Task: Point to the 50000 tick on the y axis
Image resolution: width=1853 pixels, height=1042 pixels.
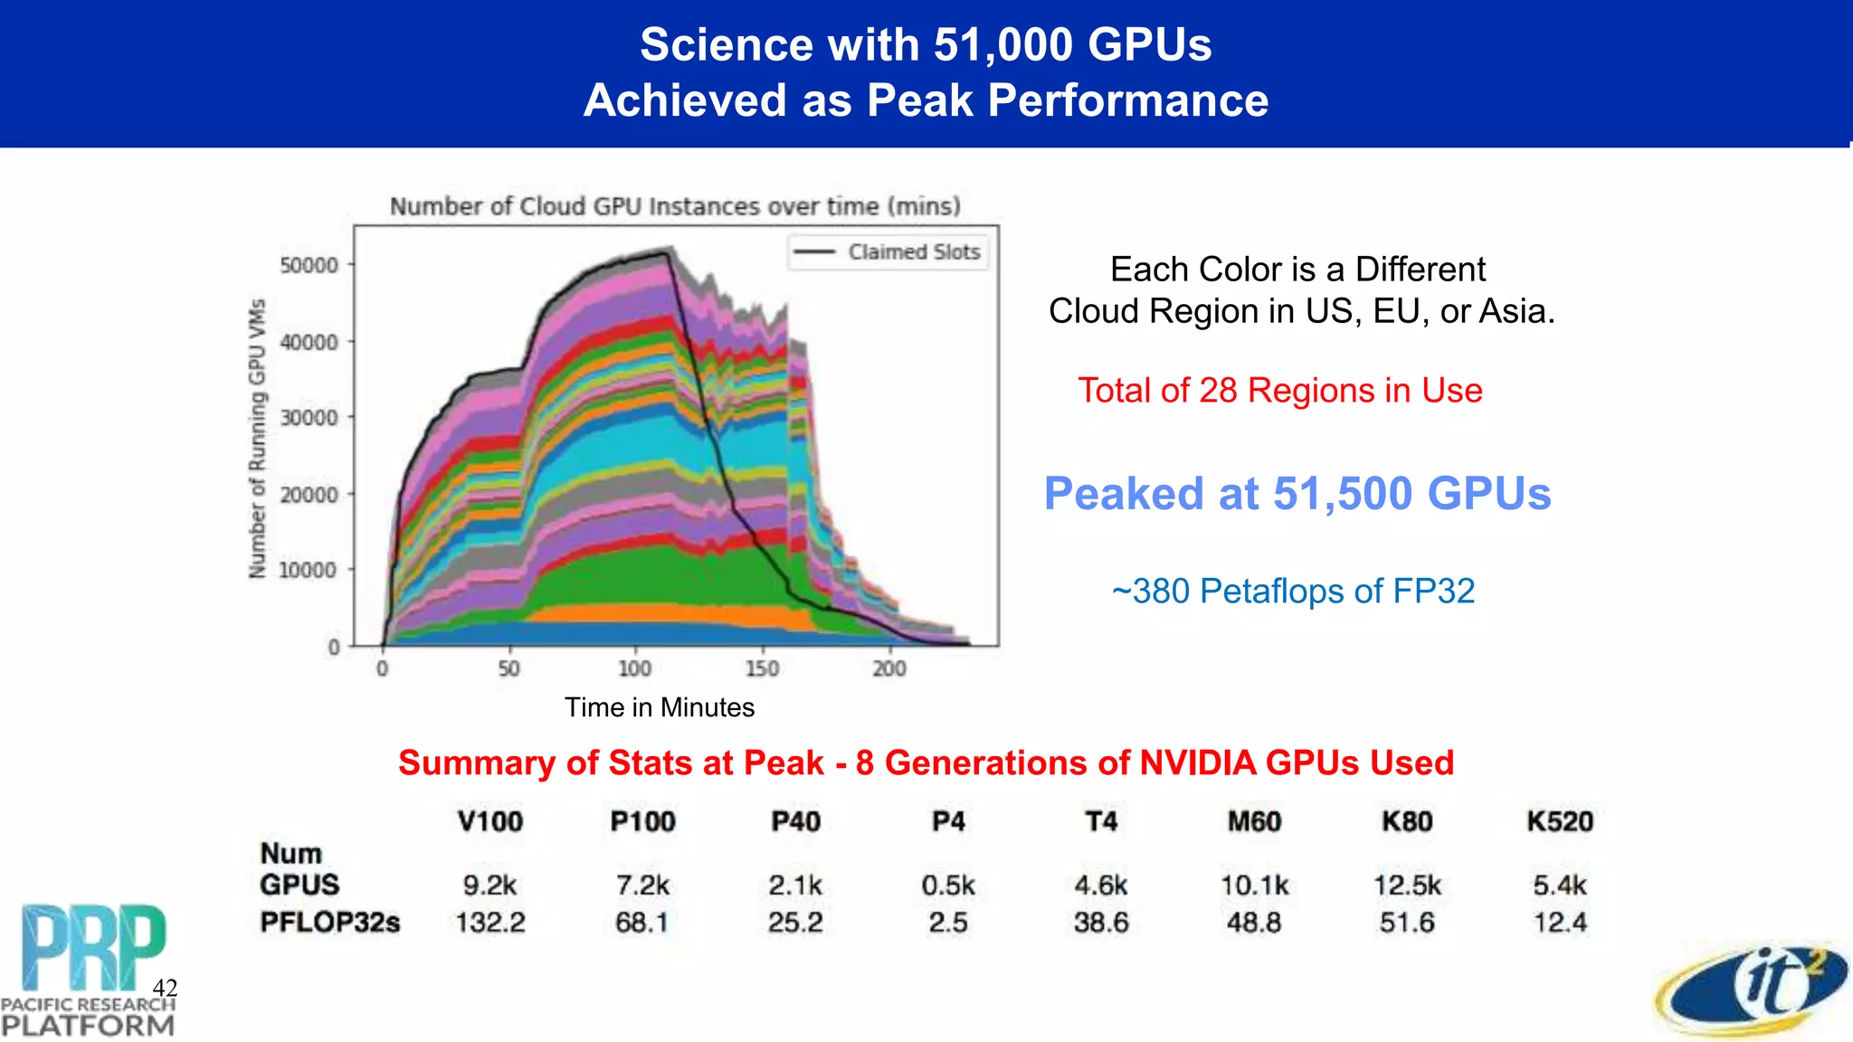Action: tap(309, 265)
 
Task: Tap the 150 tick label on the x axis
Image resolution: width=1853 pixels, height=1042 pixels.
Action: tap(762, 668)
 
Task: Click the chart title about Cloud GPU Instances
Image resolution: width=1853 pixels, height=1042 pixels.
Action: tap(675, 206)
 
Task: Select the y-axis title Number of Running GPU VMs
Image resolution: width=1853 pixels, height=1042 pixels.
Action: tap(258, 438)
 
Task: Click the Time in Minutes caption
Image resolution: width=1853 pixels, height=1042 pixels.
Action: tap(660, 707)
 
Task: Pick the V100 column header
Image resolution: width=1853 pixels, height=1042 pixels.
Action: tap(489, 821)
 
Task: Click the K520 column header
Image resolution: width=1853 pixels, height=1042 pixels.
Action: tap(1559, 821)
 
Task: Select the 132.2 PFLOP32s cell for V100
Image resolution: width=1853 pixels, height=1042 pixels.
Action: tap(489, 923)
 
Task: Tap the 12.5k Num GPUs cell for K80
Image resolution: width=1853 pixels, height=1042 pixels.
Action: tap(1407, 885)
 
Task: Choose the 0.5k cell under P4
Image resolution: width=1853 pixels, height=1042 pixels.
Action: tap(948, 885)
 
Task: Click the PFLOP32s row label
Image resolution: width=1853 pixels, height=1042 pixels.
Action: tap(329, 923)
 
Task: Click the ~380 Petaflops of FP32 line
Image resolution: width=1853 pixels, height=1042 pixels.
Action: tap(1293, 592)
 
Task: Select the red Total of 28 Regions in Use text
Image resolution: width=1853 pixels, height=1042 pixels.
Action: tap(1279, 391)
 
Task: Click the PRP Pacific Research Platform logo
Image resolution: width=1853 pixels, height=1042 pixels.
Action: tap(88, 968)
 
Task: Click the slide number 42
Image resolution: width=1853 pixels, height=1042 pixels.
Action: tap(165, 987)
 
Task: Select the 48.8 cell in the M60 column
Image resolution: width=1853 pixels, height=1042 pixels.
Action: tap(1253, 923)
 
